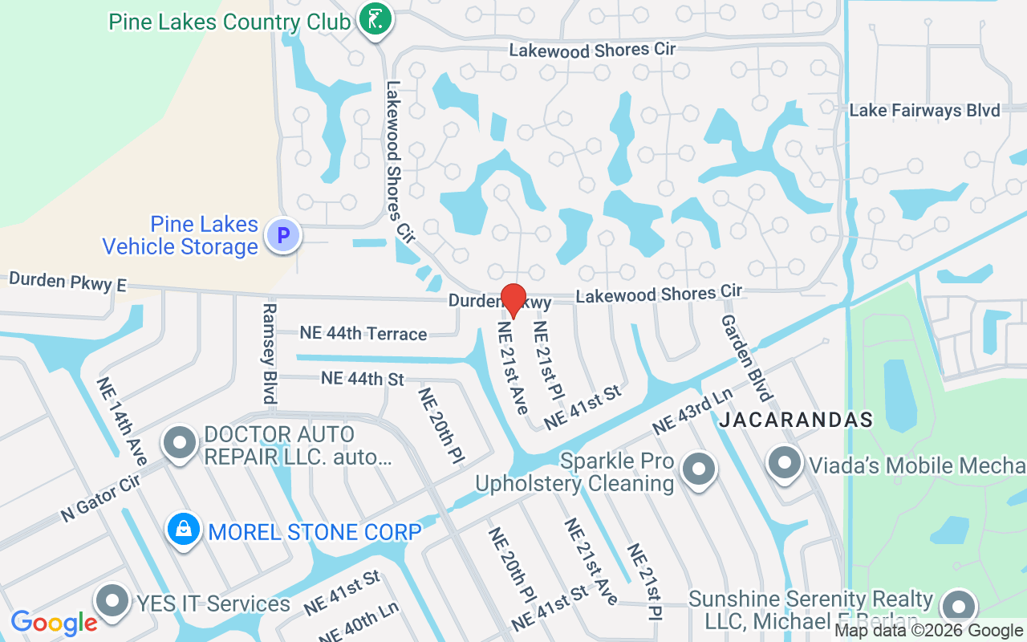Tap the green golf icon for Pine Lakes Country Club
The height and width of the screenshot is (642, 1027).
point(374,18)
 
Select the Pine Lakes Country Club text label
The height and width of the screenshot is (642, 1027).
point(229,22)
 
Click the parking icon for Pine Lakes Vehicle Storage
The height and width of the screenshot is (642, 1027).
point(282,236)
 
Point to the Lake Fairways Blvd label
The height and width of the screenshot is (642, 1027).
point(924,111)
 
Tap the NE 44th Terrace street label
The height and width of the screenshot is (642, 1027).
point(363,333)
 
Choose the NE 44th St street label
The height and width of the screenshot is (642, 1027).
point(362,378)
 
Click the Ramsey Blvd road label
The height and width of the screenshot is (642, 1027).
point(270,353)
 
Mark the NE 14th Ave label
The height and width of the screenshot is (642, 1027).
point(121,421)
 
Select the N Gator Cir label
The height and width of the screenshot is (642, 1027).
point(100,498)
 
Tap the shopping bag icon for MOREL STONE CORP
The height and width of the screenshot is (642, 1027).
point(184,530)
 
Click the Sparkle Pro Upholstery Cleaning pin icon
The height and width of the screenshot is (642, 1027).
point(698,468)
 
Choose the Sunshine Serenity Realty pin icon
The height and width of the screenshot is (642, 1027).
point(958,607)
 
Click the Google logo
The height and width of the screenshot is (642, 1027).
point(54,623)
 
